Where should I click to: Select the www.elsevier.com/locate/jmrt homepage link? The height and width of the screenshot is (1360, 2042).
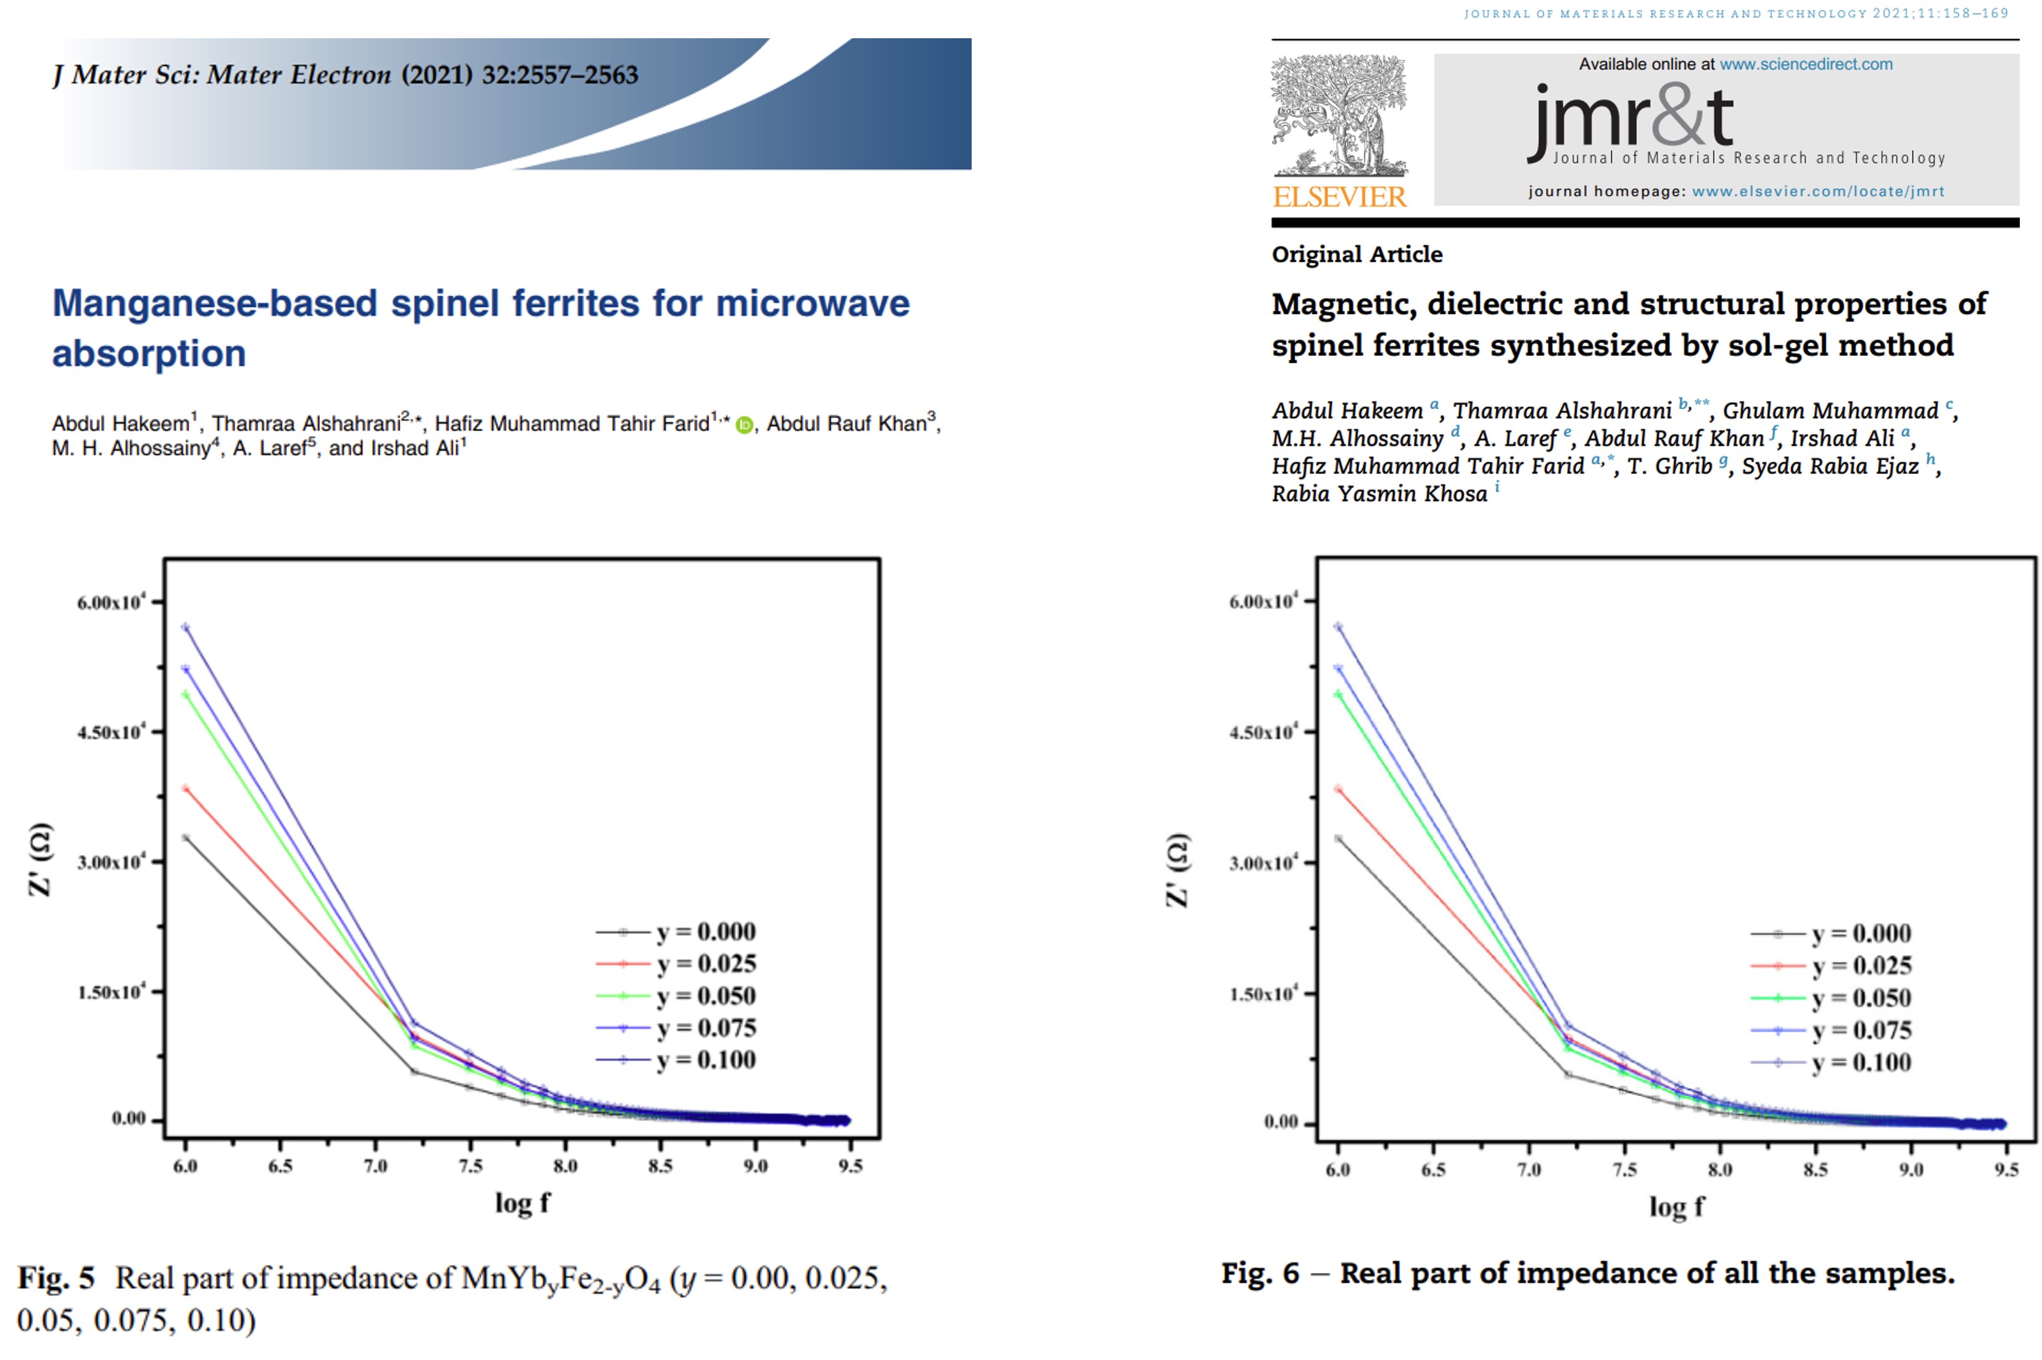[1817, 192]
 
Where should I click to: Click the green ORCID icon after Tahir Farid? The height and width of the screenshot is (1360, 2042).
[743, 425]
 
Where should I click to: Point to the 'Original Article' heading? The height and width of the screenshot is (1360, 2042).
[1357, 255]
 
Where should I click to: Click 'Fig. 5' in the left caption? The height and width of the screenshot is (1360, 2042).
[56, 1277]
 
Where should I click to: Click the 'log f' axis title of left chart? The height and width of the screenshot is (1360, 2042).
[521, 1203]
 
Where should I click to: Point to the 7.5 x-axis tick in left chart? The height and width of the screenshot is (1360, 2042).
[470, 1166]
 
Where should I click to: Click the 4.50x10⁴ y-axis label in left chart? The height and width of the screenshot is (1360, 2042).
[111, 732]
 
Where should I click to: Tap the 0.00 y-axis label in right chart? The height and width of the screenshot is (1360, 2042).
[1280, 1123]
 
